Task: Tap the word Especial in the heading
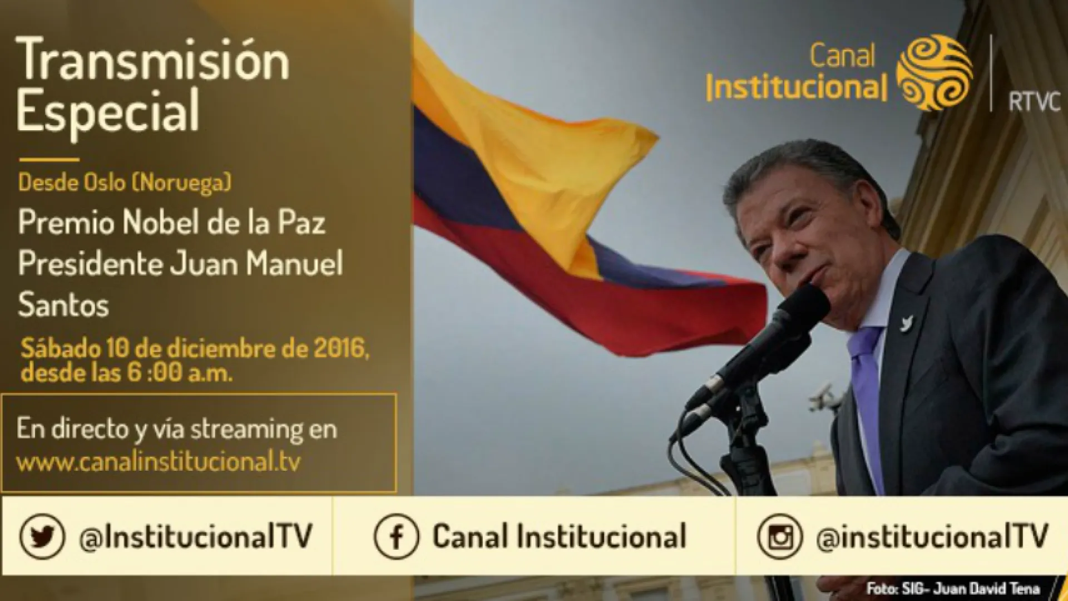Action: pyautogui.click(x=108, y=111)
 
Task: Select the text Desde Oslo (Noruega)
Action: pyautogui.click(x=125, y=183)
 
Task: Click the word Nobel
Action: pyautogui.click(x=159, y=223)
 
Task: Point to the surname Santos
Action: pyautogui.click(x=63, y=305)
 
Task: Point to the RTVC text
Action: pyautogui.click(x=1035, y=103)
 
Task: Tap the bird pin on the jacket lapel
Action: pyautogui.click(x=908, y=323)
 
